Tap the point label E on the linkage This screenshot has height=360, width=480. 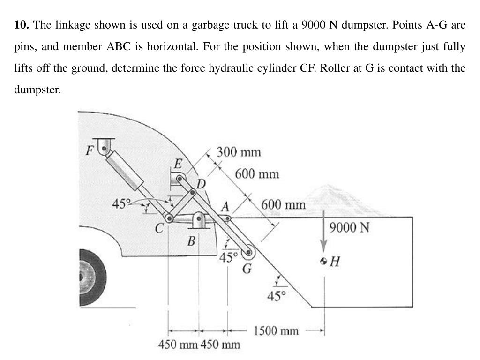(x=178, y=164)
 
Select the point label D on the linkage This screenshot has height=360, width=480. (x=201, y=182)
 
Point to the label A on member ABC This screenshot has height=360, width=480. (x=225, y=206)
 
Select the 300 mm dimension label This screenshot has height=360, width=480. (x=239, y=152)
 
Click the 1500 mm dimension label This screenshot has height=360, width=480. (x=276, y=331)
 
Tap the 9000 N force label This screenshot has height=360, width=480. (x=349, y=228)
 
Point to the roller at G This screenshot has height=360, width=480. (x=247, y=252)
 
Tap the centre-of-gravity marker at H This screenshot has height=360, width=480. (x=324, y=261)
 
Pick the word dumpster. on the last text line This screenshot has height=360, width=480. (x=37, y=90)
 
